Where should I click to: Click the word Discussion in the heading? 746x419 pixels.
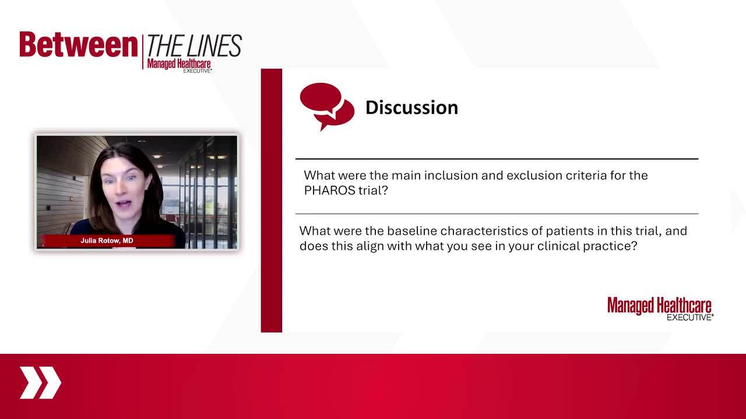pyautogui.click(x=411, y=108)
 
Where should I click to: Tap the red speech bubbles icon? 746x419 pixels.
pyautogui.click(x=327, y=106)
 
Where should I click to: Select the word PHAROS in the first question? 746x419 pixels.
pyautogui.click(x=330, y=190)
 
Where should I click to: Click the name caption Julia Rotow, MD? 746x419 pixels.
pyautogui.click(x=107, y=240)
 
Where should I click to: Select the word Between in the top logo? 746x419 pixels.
pyautogui.click(x=79, y=45)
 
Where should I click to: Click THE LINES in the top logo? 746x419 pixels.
pyautogui.click(x=194, y=45)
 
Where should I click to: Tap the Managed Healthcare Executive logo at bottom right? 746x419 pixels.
pyautogui.click(x=660, y=309)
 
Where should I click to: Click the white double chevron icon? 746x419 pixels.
pyautogui.click(x=40, y=383)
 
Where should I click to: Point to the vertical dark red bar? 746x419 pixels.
pyautogui.click(x=272, y=201)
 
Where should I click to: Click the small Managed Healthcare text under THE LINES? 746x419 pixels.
pyautogui.click(x=179, y=63)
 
